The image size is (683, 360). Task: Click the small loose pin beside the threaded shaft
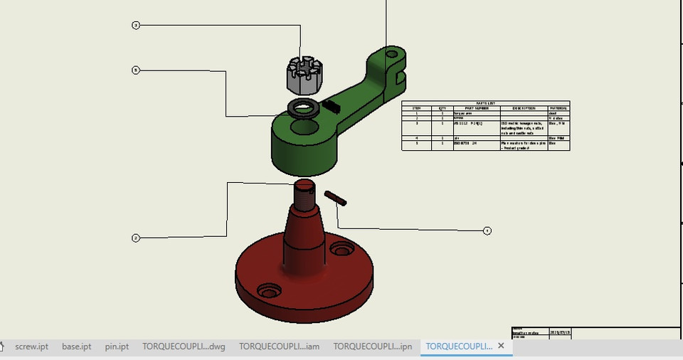pos(335,198)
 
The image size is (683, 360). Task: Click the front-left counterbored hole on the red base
pos(269,292)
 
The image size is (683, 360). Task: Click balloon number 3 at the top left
pos(136,26)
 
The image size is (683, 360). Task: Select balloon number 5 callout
pos(136,70)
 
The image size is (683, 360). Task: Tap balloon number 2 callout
pos(136,238)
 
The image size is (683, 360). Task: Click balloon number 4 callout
pos(487,231)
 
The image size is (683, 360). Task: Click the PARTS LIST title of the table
pos(485,103)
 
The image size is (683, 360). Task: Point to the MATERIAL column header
pos(558,108)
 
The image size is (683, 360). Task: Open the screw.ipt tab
pos(31,346)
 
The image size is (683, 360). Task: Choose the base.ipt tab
pos(76,346)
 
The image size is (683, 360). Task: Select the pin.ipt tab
pos(117,346)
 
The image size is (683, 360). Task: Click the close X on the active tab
pos(501,346)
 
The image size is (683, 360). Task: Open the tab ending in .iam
pos(279,346)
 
